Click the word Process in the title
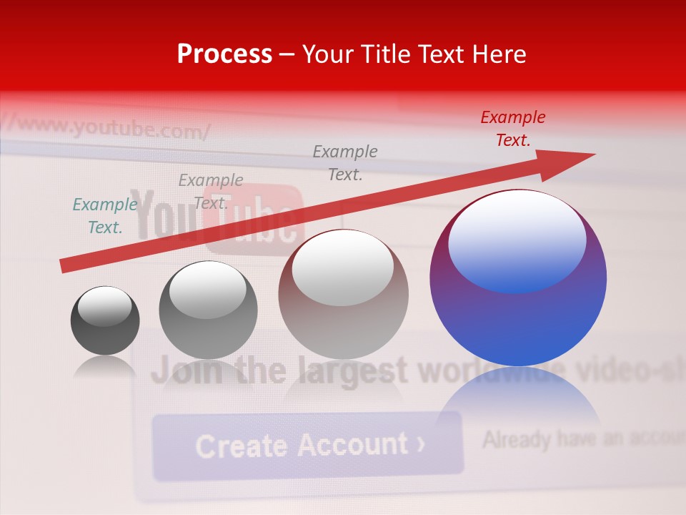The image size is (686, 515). tap(224, 54)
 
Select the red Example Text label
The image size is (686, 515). tap(512, 129)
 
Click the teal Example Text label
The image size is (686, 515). tap(104, 216)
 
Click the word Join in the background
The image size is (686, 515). tap(187, 372)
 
